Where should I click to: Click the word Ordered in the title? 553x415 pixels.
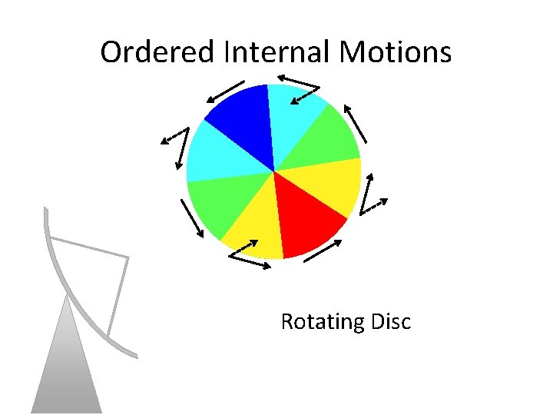coord(158,52)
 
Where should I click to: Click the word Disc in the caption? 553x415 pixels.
coord(391,321)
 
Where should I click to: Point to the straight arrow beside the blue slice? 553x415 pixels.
coord(224,91)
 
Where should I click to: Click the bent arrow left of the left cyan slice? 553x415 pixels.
coord(177,138)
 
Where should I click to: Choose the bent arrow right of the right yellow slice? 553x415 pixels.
coord(373,196)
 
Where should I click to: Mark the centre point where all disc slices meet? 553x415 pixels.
coord(274,171)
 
